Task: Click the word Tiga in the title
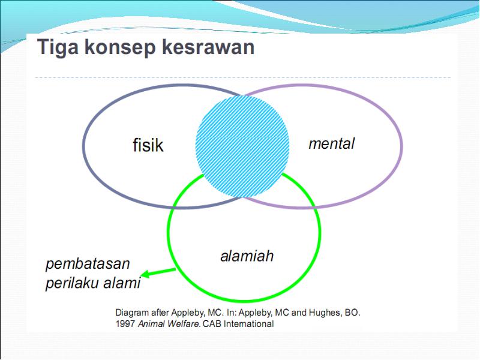pyautogui.click(x=58, y=48)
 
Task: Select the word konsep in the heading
pyautogui.click(x=119, y=48)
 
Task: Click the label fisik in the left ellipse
pyautogui.click(x=148, y=145)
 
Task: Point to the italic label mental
pyautogui.click(x=332, y=143)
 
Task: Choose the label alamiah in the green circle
pyautogui.click(x=247, y=256)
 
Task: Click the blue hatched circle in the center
pyautogui.click(x=242, y=146)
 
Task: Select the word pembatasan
pyautogui.click(x=88, y=264)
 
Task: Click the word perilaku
pyautogui.click(x=72, y=283)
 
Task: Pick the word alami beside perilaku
pyautogui.click(x=122, y=282)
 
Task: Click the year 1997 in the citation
pyautogui.click(x=125, y=324)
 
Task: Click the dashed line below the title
pyautogui.click(x=243, y=77)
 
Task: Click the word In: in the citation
pyautogui.click(x=232, y=313)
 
